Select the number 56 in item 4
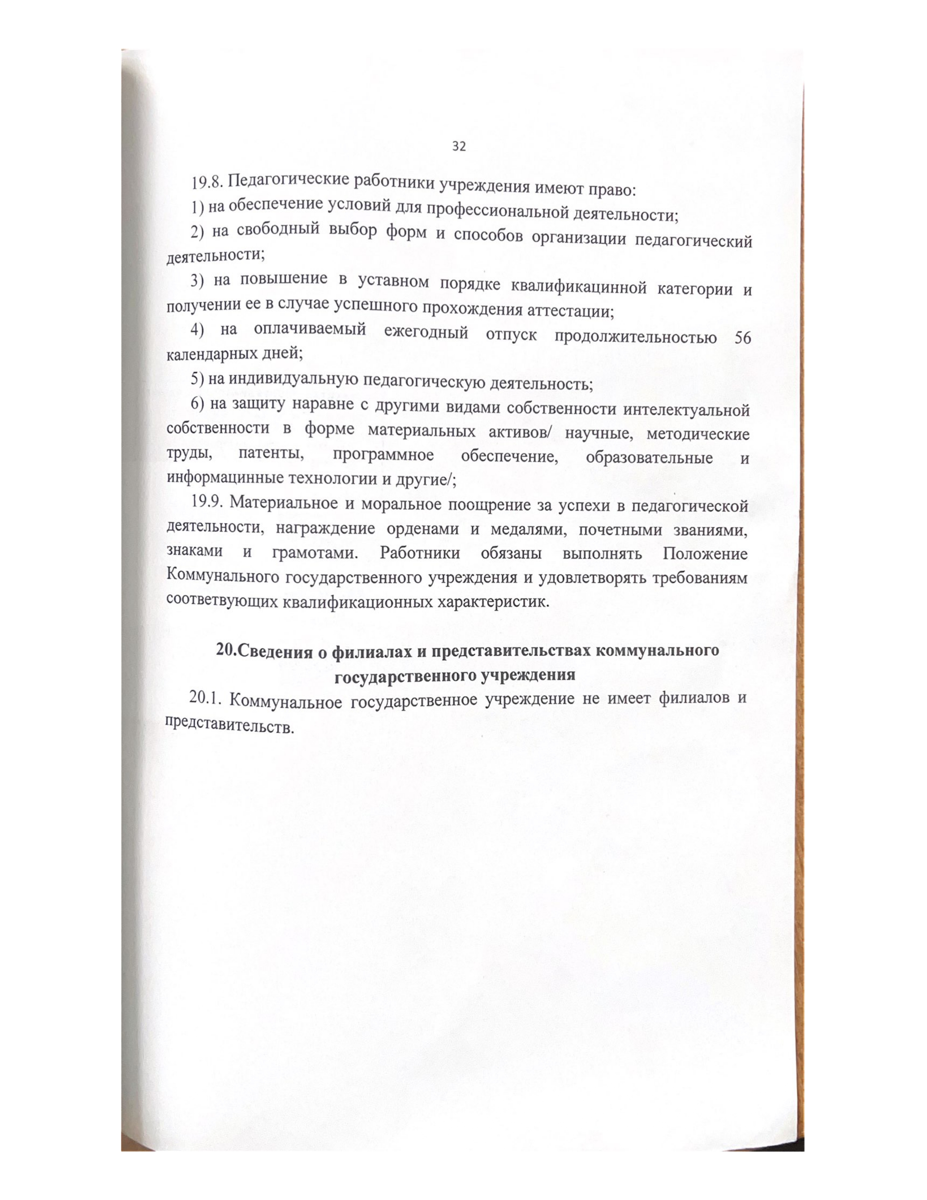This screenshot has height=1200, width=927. [742, 338]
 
